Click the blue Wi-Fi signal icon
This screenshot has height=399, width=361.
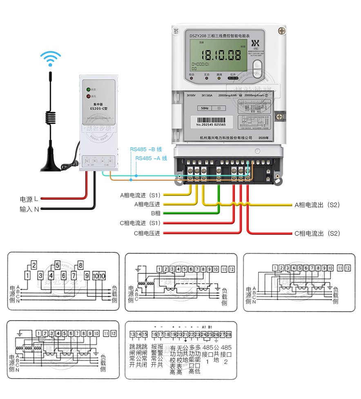coord(51,58)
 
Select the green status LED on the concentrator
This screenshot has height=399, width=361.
coord(88,89)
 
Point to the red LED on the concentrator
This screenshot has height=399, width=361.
coord(88,97)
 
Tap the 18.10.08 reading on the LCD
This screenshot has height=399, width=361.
coord(223,54)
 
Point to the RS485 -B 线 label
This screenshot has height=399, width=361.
coord(146,149)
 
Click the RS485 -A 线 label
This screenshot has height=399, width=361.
coord(151,158)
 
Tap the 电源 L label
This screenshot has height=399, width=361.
coord(29,199)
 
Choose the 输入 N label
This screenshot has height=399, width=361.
coord(29,209)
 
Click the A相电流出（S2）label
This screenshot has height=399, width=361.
coord(317,205)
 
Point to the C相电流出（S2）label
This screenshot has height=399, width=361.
coord(317,234)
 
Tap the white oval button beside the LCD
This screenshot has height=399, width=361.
coord(257,67)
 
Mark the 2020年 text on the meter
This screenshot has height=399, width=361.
coord(264,138)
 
